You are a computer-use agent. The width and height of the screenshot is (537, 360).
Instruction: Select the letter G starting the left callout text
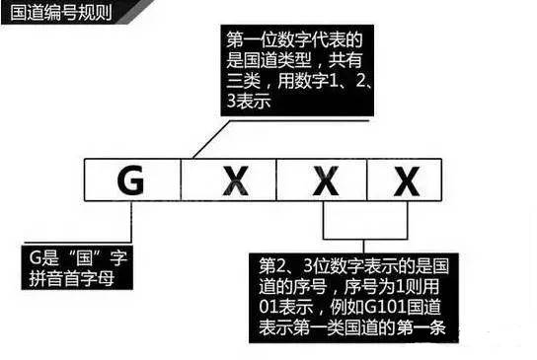point(38,261)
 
